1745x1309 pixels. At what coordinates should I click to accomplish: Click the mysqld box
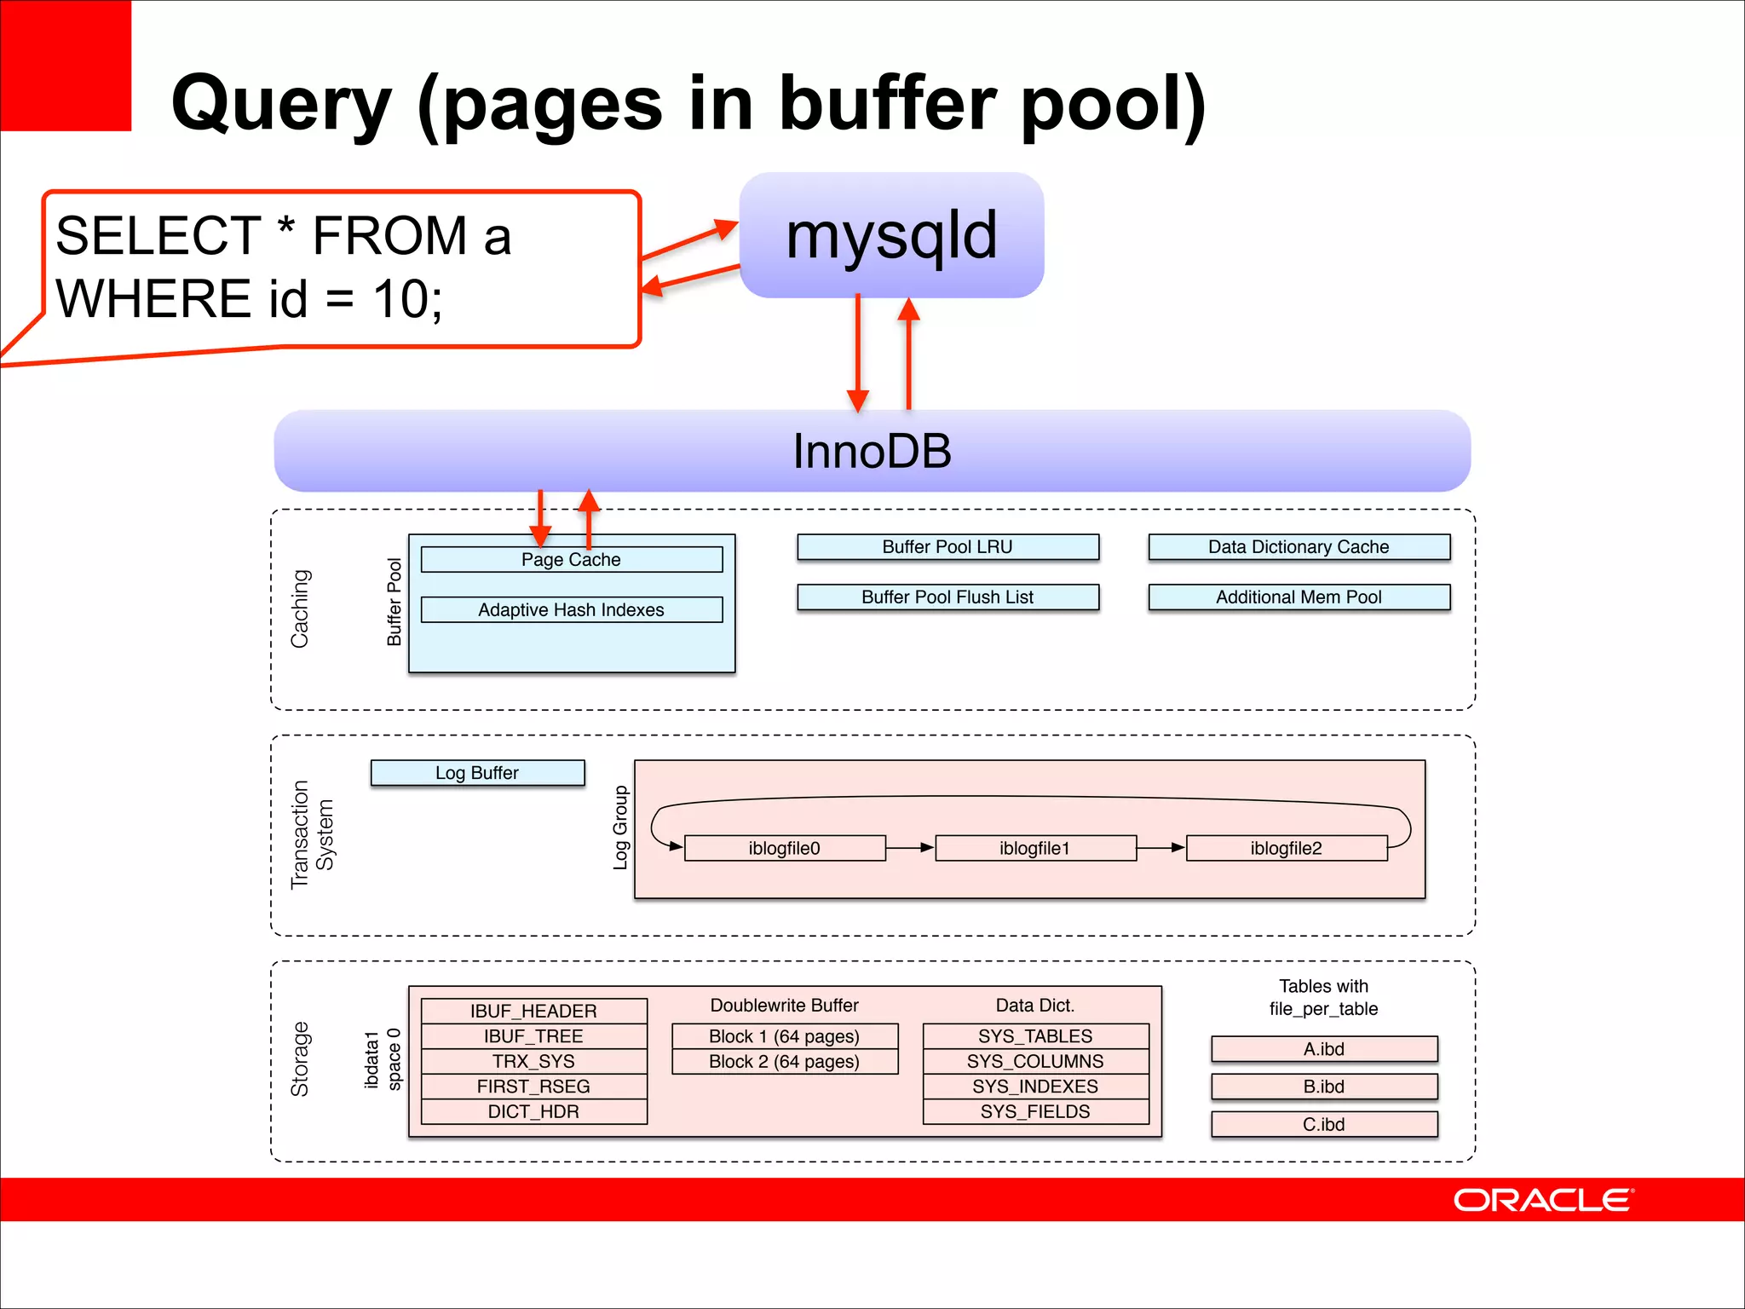pyautogui.click(x=891, y=235)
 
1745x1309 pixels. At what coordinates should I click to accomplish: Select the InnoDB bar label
pyautogui.click(x=872, y=451)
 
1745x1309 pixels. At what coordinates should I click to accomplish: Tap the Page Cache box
pyautogui.click(x=571, y=560)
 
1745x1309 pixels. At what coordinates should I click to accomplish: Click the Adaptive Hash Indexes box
pyautogui.click(x=571, y=610)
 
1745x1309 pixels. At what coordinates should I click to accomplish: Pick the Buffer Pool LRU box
pyautogui.click(x=947, y=547)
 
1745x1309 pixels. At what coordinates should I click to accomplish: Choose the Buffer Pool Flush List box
pyautogui.click(x=947, y=597)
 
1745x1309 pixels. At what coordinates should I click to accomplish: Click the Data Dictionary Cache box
pyautogui.click(x=1299, y=547)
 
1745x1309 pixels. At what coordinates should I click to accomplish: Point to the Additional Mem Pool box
pyautogui.click(x=1299, y=597)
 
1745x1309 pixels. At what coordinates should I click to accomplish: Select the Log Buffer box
pyautogui.click(x=477, y=773)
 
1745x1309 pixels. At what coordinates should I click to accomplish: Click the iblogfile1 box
pyautogui.click(x=1035, y=848)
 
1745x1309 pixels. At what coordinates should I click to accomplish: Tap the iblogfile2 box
pyautogui.click(x=1287, y=848)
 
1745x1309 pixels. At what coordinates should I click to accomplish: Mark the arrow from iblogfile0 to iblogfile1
pyautogui.click(x=910, y=848)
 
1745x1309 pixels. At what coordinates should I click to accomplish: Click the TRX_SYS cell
pyautogui.click(x=533, y=1061)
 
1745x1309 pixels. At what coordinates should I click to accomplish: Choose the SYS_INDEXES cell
pyautogui.click(x=1035, y=1087)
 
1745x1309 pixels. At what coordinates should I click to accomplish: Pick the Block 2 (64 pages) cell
pyautogui.click(x=784, y=1062)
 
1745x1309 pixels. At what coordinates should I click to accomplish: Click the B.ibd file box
pyautogui.click(x=1324, y=1087)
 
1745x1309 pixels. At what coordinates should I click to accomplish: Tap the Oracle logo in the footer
pyautogui.click(x=1542, y=1200)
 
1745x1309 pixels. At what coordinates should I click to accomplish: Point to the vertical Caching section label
pyautogui.click(x=300, y=608)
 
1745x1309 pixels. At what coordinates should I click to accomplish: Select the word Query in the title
pyautogui.click(x=281, y=104)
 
